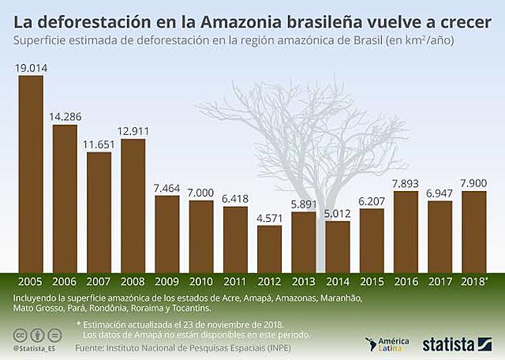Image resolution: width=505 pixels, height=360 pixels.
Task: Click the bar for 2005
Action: tap(31, 173)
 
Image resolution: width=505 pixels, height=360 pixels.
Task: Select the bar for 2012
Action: tap(269, 248)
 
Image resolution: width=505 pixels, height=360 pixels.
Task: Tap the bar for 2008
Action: tap(133, 204)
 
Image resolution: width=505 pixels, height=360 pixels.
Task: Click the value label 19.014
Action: tap(31, 68)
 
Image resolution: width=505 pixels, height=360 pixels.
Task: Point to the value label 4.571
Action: tap(269, 219)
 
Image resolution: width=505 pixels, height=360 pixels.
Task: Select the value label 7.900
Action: tap(473, 184)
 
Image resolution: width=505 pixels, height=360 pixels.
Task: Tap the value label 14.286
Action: tap(65, 118)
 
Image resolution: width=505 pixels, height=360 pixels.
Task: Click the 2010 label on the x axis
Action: tap(200, 281)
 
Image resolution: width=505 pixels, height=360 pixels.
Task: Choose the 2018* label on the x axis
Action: tap(473, 281)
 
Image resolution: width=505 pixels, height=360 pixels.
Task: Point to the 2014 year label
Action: tap(337, 281)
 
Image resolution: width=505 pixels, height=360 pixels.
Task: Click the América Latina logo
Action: tap(387, 343)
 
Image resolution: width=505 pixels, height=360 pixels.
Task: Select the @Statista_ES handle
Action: tap(35, 347)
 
